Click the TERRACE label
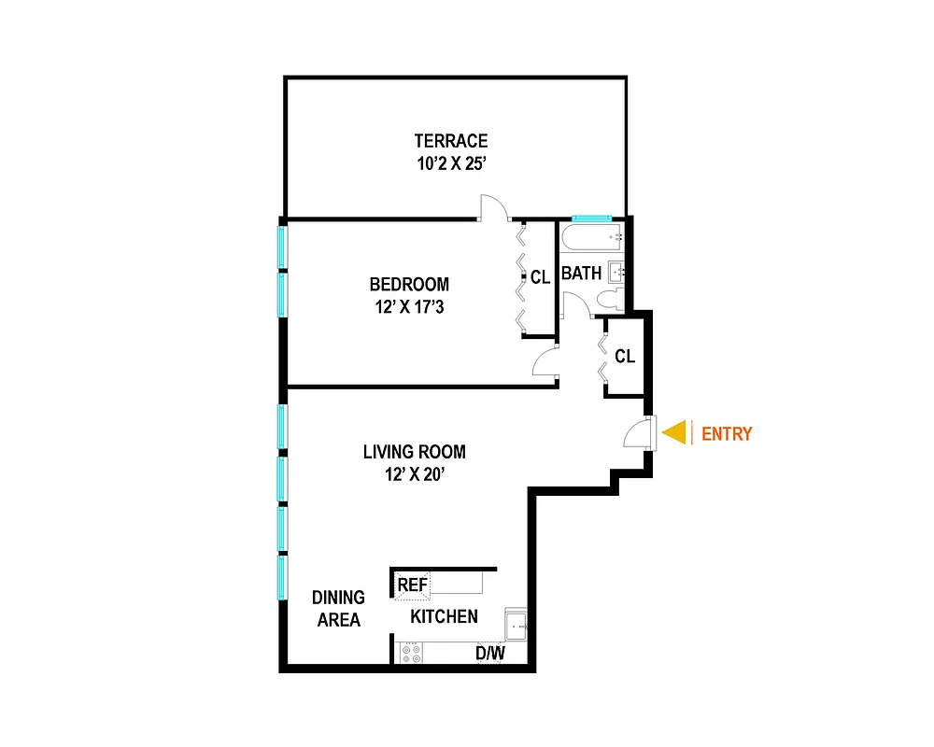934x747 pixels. click(451, 141)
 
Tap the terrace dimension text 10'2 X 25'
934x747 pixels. click(451, 163)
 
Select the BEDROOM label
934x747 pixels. click(408, 284)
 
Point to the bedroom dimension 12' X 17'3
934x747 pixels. click(408, 306)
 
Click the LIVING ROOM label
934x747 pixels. click(414, 452)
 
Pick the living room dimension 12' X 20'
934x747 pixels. click(414, 474)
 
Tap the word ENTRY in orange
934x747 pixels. click(726, 434)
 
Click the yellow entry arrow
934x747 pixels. click(674, 433)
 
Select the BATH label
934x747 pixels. click(581, 275)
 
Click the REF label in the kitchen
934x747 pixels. click(412, 585)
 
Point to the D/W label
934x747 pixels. click(489, 654)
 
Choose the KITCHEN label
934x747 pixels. click(445, 616)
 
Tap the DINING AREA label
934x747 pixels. click(338, 608)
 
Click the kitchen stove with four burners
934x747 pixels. click(410, 653)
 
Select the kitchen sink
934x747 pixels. click(515, 624)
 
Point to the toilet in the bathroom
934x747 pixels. click(610, 301)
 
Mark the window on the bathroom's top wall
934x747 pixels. click(591, 218)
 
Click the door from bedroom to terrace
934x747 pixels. click(494, 208)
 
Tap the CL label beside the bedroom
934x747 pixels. click(540, 277)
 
